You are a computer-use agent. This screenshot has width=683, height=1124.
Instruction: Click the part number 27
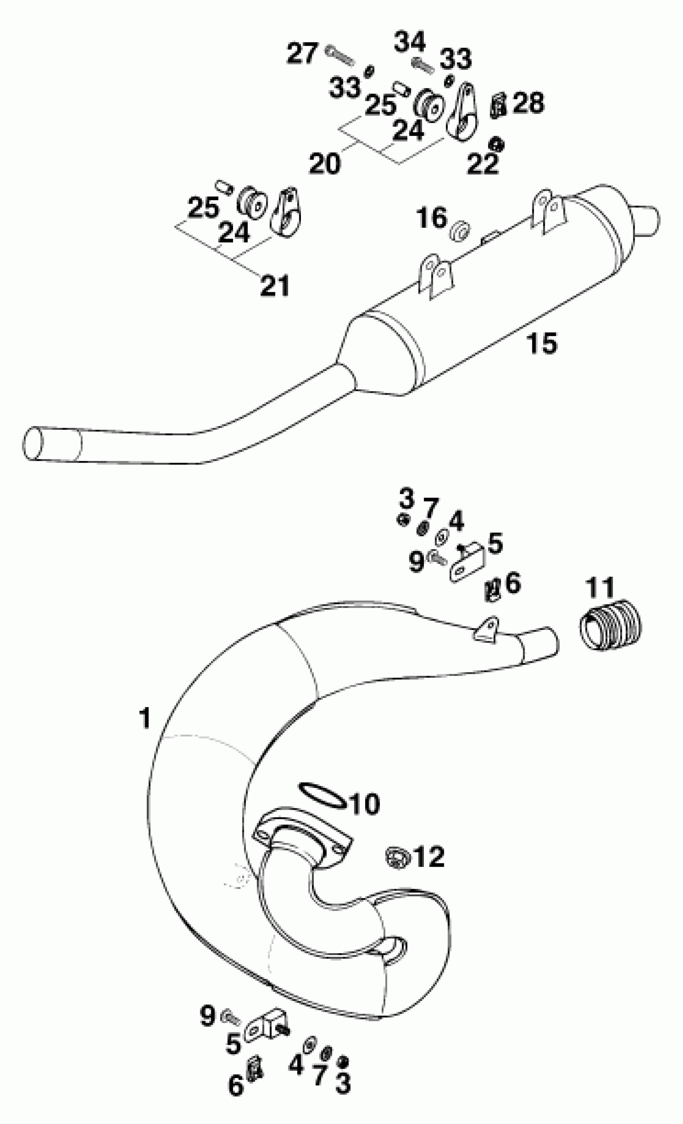[302, 53]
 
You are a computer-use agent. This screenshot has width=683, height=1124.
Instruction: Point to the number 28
[528, 103]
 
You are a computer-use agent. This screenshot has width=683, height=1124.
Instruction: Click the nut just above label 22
[496, 145]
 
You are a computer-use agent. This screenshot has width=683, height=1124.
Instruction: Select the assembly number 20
[325, 163]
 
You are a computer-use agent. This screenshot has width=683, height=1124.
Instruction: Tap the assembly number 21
[274, 286]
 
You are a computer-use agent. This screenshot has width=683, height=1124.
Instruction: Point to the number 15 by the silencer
[542, 343]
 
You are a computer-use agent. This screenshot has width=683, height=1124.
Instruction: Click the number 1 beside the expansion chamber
[145, 718]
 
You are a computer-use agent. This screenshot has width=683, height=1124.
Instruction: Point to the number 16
[431, 217]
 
